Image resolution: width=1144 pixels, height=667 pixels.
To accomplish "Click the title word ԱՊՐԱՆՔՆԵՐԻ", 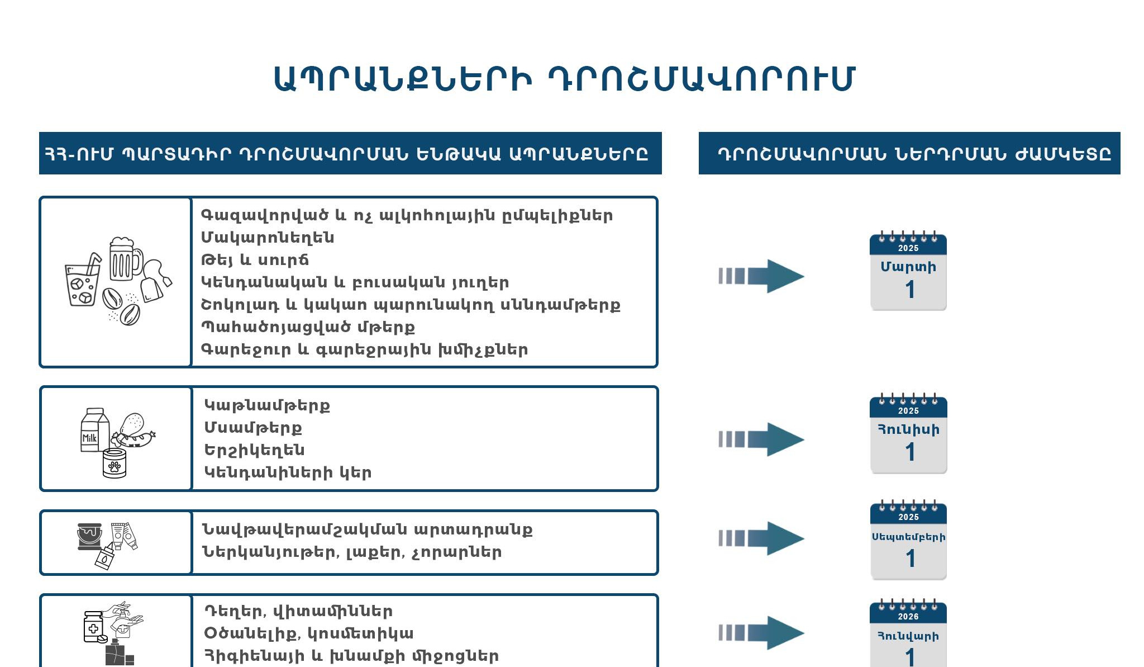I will coord(402,79).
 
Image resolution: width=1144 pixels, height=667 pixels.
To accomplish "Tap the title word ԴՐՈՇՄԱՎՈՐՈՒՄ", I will coord(701,79).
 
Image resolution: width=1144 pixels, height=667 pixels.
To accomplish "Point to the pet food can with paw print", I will coord(115,463).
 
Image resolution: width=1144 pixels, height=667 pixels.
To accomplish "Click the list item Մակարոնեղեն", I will coord(268,238).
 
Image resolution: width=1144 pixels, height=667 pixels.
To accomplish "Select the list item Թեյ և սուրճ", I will coord(255,260).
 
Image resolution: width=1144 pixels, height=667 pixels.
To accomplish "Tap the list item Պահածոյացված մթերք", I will coord(308,327).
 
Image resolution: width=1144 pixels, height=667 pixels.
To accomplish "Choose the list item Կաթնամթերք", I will coord(267,405).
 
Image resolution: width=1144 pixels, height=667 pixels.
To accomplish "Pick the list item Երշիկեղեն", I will coord(254,450).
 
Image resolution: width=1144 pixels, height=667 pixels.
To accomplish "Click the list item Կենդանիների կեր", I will coord(288,472).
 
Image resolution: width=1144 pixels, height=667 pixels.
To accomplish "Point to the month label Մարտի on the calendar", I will coord(908,267).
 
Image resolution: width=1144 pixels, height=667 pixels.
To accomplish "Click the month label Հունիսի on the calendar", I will coord(908,429).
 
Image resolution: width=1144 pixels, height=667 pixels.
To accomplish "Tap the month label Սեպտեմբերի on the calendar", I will coord(908,537).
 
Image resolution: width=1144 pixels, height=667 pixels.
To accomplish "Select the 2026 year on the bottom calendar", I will coord(908,616).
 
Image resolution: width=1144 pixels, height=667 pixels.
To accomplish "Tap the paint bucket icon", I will coord(90,536).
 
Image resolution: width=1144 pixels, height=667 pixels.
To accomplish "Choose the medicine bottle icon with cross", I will coord(93,627).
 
